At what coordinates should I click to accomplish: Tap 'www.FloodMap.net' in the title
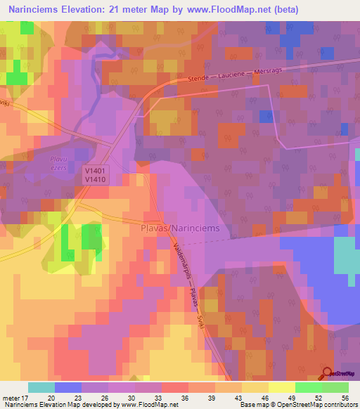click(226, 10)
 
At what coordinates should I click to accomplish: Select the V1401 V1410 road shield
click(94, 175)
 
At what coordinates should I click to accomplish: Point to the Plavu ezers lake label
click(59, 164)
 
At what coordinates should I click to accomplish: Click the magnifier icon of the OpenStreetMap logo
click(326, 375)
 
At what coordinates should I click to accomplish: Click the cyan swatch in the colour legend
click(41, 387)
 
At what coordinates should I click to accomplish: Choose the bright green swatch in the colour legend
click(308, 387)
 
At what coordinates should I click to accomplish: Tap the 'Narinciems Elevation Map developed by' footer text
click(56, 404)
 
